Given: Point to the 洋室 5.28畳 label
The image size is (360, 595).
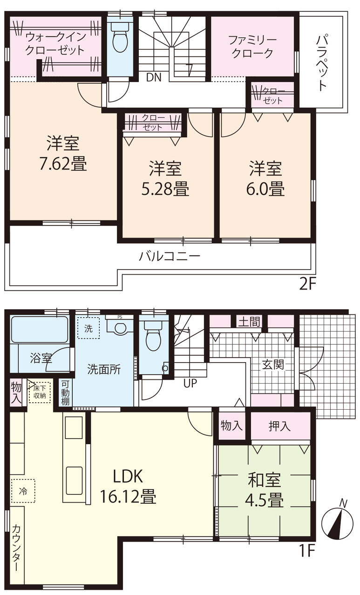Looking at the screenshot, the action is coord(165,178).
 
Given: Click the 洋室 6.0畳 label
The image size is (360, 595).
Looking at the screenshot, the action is coord(265,178).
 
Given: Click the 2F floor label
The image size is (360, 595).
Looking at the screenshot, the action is coord(307,284).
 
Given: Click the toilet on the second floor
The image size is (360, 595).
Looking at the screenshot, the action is coord(120,37).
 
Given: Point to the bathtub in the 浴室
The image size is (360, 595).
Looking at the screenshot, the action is coord(39,329).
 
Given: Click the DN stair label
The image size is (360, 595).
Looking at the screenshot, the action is coord(154,78).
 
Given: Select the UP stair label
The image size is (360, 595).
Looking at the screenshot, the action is coord(190,383).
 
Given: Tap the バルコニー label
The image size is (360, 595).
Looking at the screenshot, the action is coord(170,257).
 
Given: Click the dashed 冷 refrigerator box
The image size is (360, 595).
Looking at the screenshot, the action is coord(23,491).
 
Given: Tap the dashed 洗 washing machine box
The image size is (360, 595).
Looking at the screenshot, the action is coord(89,328).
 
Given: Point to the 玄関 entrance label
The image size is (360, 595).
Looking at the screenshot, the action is coord(273,365).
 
